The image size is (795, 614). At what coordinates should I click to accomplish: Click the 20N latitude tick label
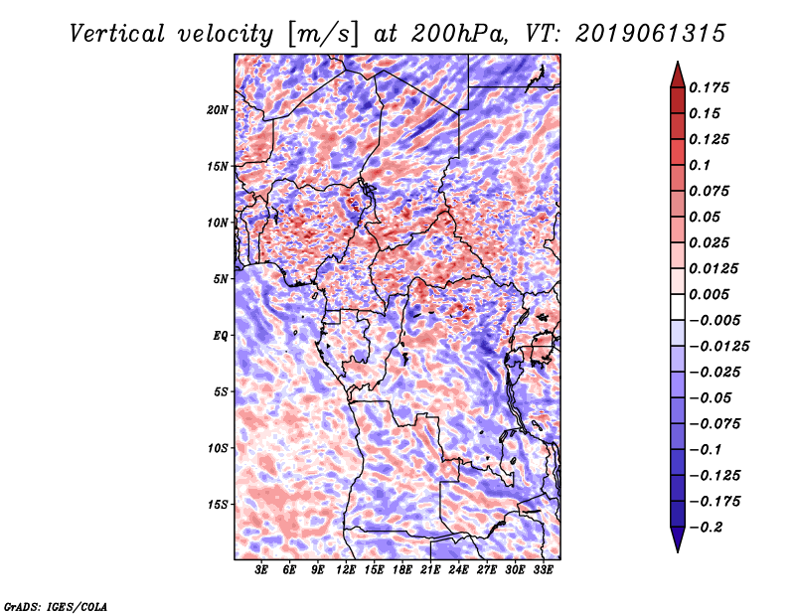218,109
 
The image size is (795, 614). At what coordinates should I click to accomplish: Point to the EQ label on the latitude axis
220,335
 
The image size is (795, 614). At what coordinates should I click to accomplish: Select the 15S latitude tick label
218,504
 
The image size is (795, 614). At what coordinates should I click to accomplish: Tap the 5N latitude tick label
220,278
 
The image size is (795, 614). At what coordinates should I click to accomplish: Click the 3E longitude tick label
262,570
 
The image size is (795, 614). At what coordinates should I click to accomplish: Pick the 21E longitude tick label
430,570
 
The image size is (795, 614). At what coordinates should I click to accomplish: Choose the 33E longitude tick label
543,570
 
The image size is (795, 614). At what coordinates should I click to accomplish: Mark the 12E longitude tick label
346,570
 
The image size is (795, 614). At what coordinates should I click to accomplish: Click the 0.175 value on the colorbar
712,87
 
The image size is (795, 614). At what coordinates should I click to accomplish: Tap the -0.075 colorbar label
718,423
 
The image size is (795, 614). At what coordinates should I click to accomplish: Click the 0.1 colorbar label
701,165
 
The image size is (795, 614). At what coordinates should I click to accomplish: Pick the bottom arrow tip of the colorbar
676,549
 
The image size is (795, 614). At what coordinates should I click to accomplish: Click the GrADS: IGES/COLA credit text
55,605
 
